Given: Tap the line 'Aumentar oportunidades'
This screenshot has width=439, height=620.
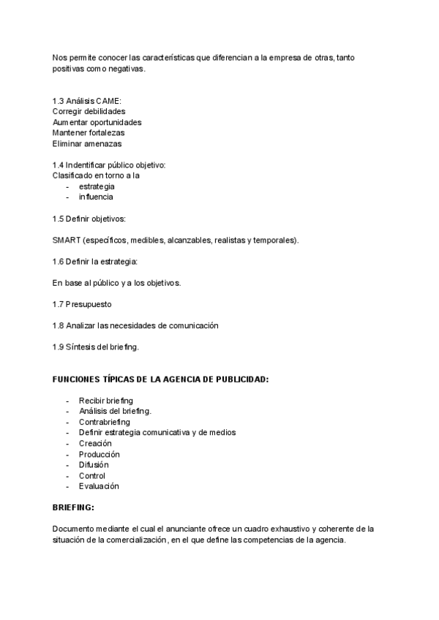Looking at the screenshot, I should (97, 122).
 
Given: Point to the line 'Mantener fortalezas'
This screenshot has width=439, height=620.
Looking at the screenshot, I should (88, 133).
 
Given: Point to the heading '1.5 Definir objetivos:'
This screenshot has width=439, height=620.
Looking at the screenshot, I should (89, 219).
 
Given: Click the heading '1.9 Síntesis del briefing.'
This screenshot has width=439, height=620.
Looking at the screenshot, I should (96, 346).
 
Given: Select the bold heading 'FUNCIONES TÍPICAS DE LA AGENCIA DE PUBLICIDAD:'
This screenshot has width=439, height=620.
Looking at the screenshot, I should (160, 380).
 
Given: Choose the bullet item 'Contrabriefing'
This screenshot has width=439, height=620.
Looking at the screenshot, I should (104, 422).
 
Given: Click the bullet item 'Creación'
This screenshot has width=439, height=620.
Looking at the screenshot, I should (95, 443).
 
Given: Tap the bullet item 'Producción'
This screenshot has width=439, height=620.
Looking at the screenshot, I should (99, 454).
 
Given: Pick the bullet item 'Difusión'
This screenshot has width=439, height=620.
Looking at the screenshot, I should (94, 464).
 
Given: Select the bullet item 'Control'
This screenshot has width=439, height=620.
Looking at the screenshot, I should (92, 475).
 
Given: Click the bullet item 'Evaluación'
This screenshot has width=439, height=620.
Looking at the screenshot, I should (99, 486).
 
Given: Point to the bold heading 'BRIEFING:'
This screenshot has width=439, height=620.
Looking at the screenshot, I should (74, 506).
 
